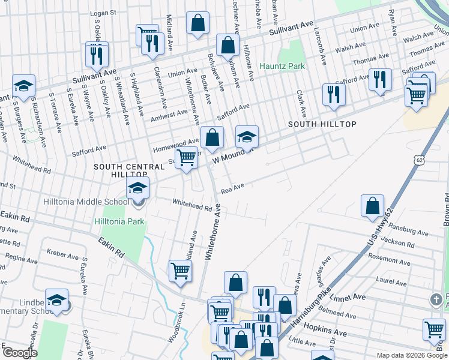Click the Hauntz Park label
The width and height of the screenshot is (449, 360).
(x=282, y=66)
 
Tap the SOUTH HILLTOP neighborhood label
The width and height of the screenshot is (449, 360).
(x=322, y=124)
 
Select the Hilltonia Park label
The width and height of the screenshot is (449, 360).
(x=119, y=221)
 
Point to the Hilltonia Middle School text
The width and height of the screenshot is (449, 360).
(x=86, y=202)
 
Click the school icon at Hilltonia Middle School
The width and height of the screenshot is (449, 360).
(x=137, y=190)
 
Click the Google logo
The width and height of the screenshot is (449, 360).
(x=20, y=353)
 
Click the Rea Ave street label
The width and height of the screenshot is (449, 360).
(x=232, y=188)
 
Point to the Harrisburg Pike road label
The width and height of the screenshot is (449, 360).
(x=311, y=310)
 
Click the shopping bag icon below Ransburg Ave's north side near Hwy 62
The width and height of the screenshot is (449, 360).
(x=372, y=206)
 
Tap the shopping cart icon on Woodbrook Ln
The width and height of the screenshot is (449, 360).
(x=180, y=271)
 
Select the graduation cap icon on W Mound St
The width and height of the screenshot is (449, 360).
(x=246, y=137)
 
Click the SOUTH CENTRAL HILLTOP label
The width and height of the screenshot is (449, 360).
(x=129, y=170)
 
